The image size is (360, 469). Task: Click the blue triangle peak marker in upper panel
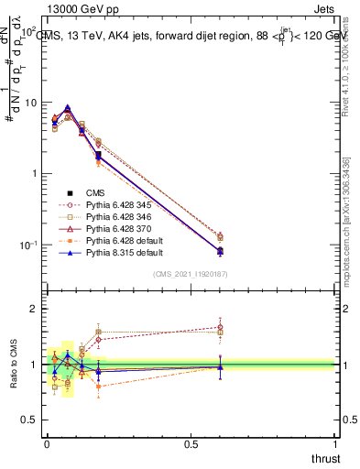[67, 108]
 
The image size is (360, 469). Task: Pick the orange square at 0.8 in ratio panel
[98, 387]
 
